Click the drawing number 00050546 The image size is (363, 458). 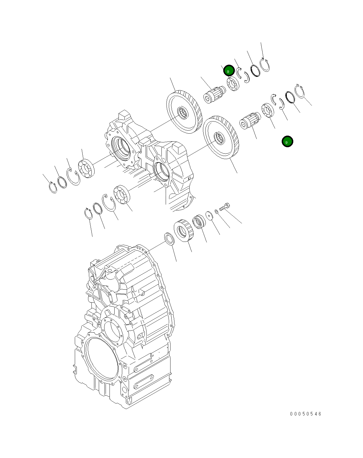coord(306,414)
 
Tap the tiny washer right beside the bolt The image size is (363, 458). coord(217,211)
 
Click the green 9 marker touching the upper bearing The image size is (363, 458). coord(229,71)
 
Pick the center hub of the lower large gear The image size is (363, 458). coord(219,138)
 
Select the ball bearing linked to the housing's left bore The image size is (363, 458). coord(86,168)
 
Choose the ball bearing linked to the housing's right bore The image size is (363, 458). coord(121,194)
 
